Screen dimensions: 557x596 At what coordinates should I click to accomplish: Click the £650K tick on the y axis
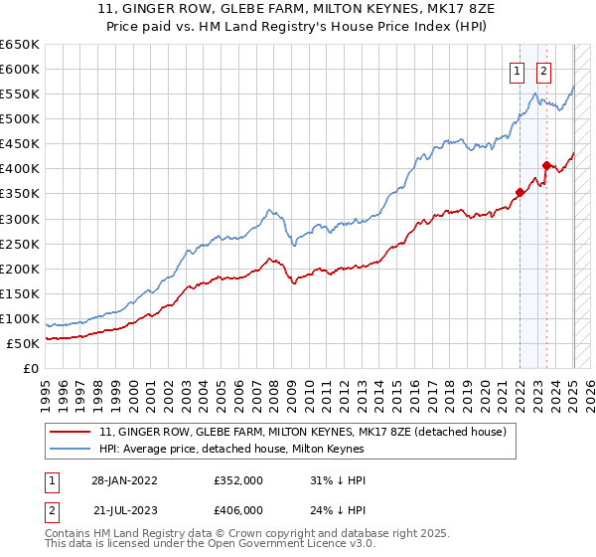click(20, 45)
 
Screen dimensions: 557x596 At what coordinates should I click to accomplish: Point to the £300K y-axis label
click(20, 219)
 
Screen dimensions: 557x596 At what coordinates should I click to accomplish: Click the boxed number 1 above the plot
click(519, 71)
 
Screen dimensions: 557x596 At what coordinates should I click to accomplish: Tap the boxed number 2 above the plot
click(544, 71)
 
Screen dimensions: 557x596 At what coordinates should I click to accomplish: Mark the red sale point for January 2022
click(520, 193)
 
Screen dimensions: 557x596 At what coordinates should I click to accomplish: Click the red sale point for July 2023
click(546, 165)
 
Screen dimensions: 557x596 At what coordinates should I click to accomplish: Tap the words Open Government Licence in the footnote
click(280, 547)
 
